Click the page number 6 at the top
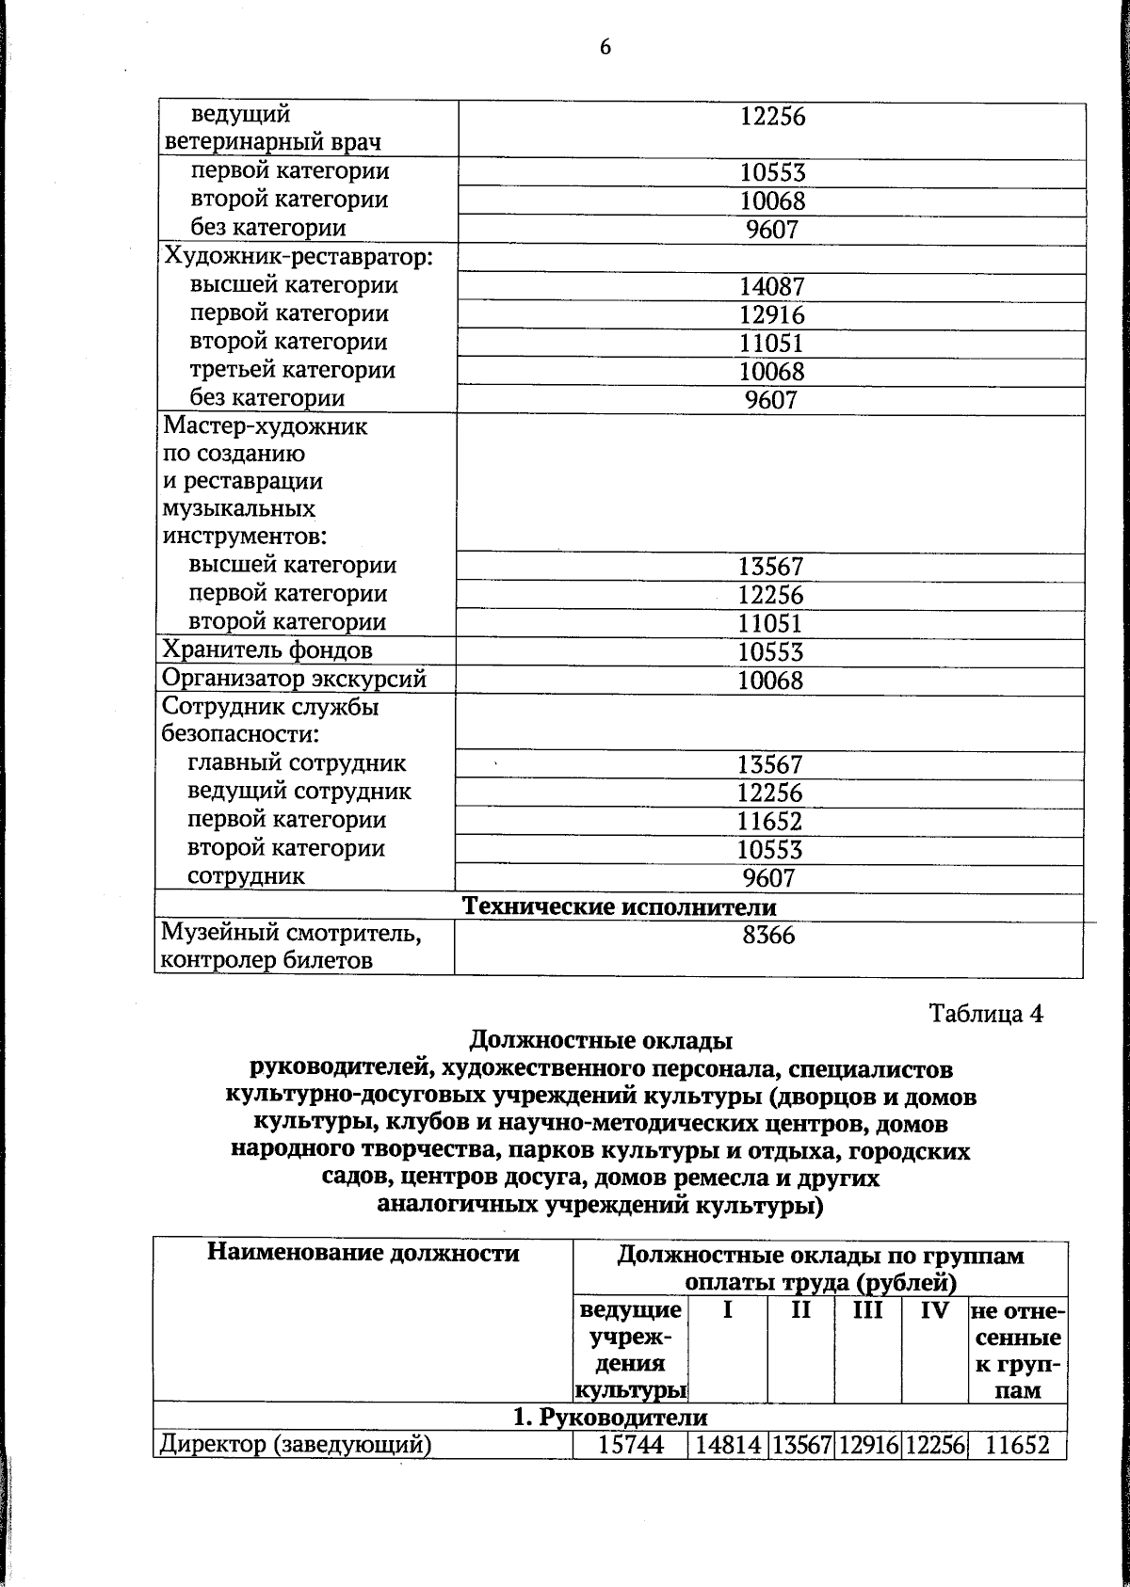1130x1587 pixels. pyautogui.click(x=605, y=47)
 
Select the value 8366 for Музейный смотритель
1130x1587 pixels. pyautogui.click(x=768, y=935)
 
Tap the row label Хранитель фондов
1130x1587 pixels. pyautogui.click(x=267, y=650)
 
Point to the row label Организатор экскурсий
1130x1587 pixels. pyautogui.click(x=295, y=679)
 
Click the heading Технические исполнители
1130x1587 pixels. pyautogui.click(x=619, y=906)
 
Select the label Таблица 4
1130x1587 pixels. pyautogui.click(x=986, y=1014)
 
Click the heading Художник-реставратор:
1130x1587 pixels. pyautogui.click(x=299, y=256)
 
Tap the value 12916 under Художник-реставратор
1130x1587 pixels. pyautogui.click(x=771, y=315)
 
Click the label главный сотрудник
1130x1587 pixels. pyautogui.click(x=297, y=763)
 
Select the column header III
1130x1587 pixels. pyautogui.click(x=867, y=1310)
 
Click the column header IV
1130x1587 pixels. pyautogui.click(x=934, y=1310)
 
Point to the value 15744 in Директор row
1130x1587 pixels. pyautogui.click(x=631, y=1445)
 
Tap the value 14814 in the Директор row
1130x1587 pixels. pyautogui.click(x=728, y=1445)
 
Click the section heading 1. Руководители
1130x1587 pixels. pyautogui.click(x=610, y=1418)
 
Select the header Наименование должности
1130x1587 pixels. pyautogui.click(x=363, y=1254)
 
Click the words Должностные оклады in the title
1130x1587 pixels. pyautogui.click(x=601, y=1041)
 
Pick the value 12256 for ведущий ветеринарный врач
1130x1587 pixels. pyautogui.click(x=772, y=117)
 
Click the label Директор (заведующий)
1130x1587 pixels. pyautogui.click(x=296, y=1445)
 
